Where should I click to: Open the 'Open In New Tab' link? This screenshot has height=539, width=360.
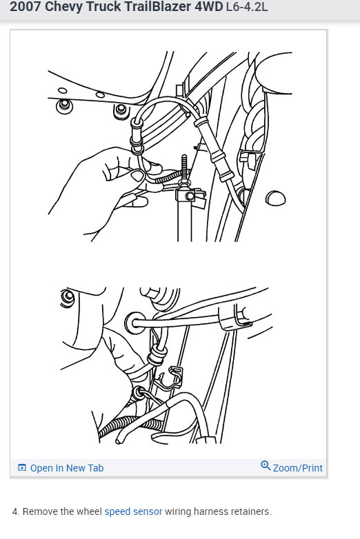coord(66,468)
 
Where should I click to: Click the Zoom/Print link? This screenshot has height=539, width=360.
coord(297,468)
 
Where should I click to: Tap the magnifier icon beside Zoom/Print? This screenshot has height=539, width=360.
coord(266,467)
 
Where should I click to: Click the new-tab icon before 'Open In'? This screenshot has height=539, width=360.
coord(22,468)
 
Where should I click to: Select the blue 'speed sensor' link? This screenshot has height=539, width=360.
coord(133,511)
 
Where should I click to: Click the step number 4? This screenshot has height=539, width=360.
coord(15,511)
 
